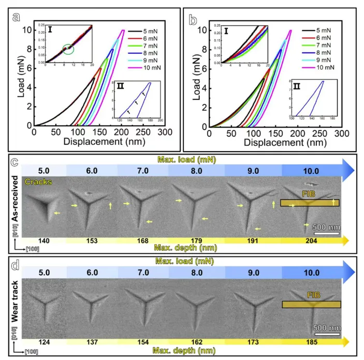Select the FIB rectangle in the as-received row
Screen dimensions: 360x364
[x=310, y=203]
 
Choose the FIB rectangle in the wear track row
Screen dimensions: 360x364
[x=311, y=304]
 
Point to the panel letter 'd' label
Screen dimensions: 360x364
[x=17, y=261]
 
